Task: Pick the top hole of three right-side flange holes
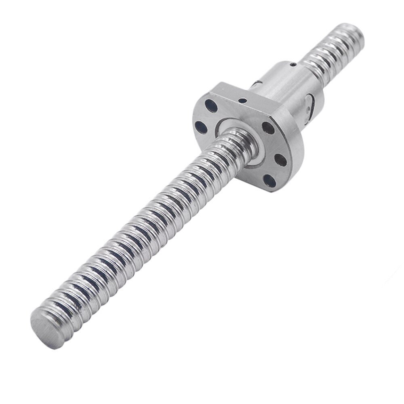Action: coord(267,128)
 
